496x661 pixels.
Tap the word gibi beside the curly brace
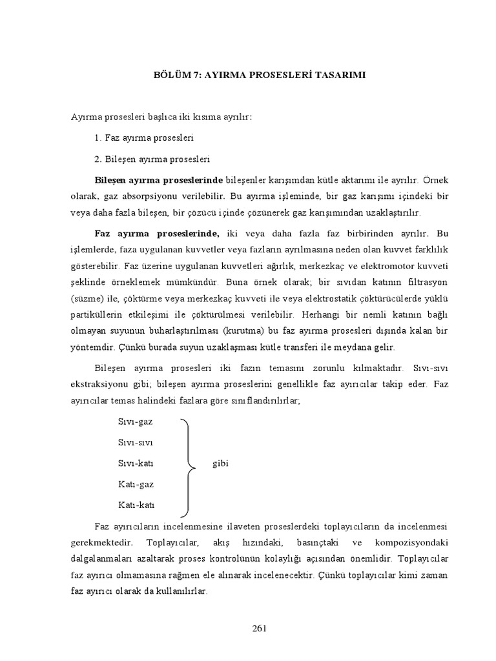221,463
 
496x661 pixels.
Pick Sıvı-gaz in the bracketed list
136,422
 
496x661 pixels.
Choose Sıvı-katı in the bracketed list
136,463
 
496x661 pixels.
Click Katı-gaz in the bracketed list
136,483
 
